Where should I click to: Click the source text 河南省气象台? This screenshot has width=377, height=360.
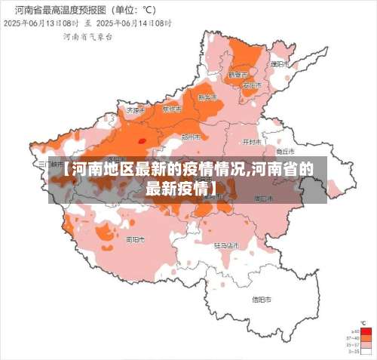pyautogui.click(x=86, y=35)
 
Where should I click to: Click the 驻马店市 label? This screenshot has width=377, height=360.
pyautogui.click(x=225, y=245)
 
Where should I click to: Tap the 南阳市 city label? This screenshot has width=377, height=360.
pyautogui.click(x=136, y=239)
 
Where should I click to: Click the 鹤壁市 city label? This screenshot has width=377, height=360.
pyautogui.click(x=238, y=75)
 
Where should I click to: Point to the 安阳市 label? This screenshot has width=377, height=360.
pyautogui.click(x=252, y=85)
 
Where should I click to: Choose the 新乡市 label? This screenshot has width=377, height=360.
pyautogui.click(x=207, y=97)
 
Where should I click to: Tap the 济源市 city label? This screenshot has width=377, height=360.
pyautogui.click(x=135, y=109)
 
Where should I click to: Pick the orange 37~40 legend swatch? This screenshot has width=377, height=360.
pyautogui.click(x=366, y=338)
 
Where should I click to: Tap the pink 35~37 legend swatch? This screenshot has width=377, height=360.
pyautogui.click(x=366, y=345)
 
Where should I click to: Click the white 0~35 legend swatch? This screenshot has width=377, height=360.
pyautogui.click(x=366, y=352)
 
